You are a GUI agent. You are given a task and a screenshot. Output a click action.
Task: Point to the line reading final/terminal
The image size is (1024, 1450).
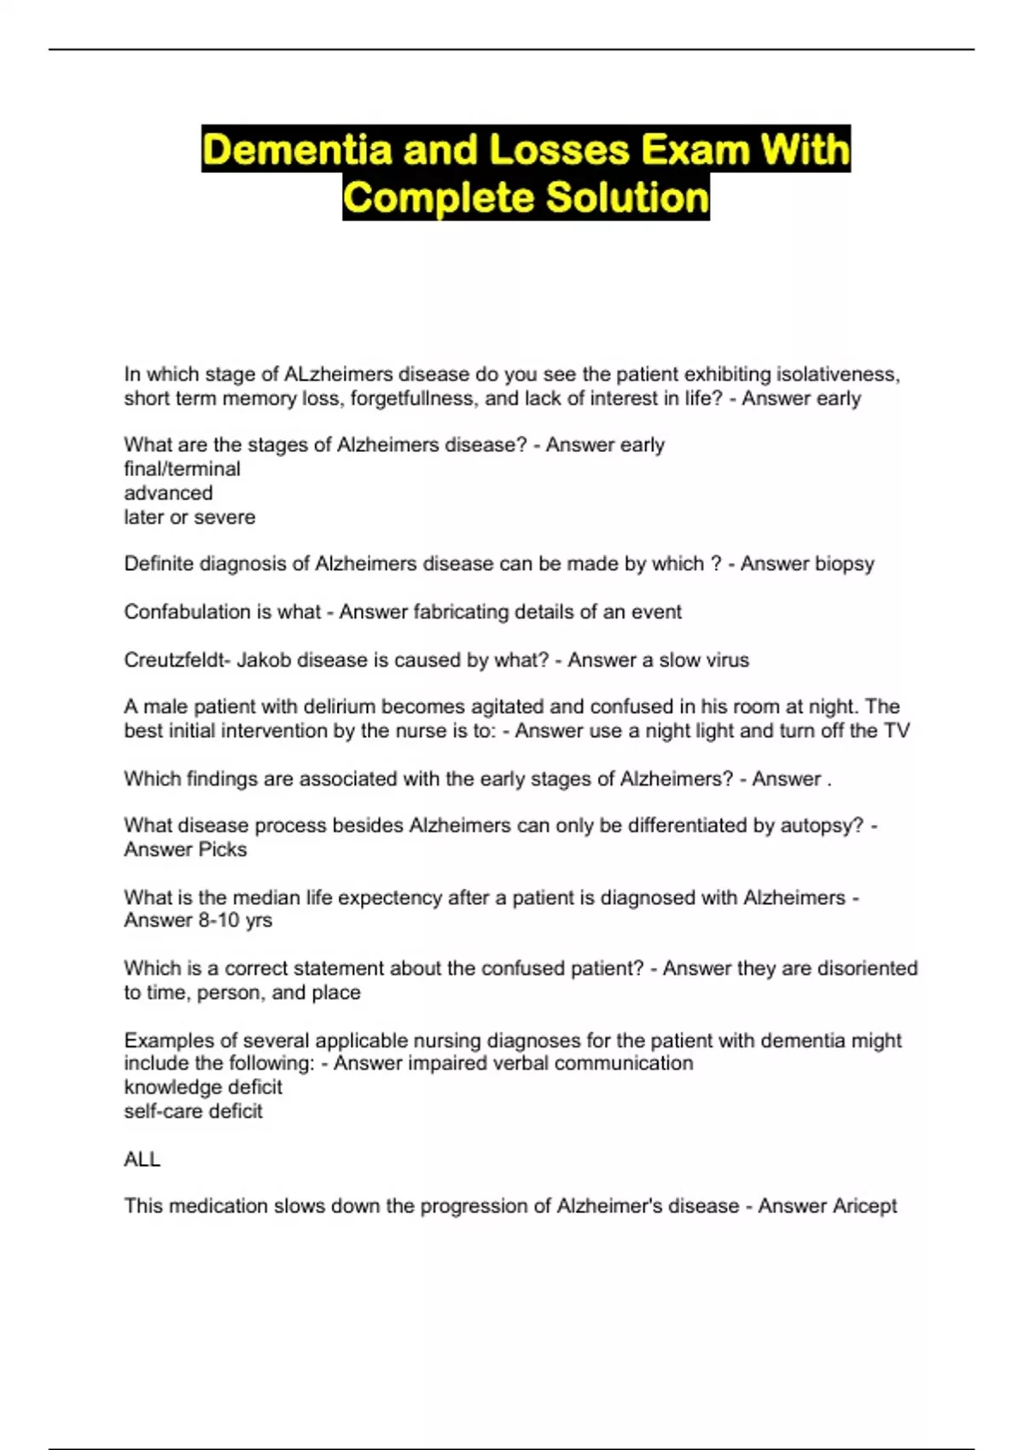click(x=182, y=469)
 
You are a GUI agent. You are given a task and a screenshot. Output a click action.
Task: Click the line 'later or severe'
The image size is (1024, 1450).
click(x=189, y=517)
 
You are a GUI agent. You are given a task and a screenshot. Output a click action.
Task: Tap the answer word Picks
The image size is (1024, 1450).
click(x=222, y=850)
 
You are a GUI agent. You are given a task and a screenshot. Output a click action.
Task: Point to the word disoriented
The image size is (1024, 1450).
click(x=867, y=969)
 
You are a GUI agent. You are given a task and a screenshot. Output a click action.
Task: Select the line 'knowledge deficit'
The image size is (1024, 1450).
click(x=203, y=1087)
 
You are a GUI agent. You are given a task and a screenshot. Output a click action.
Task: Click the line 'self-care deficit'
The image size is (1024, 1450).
click(x=193, y=1111)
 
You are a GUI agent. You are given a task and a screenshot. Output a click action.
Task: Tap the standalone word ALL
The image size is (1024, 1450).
click(x=142, y=1159)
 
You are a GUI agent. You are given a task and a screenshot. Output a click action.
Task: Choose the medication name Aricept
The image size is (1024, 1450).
click(x=864, y=1206)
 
